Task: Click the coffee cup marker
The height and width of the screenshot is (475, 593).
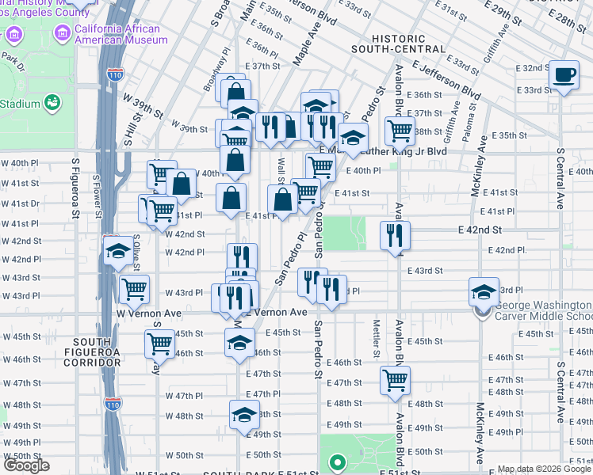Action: coord(564,74)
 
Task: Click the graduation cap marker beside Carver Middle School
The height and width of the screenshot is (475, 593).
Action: coord(483,292)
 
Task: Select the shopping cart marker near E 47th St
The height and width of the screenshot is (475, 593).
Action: coord(396,379)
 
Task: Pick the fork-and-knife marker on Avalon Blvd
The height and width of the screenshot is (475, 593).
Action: coord(394,234)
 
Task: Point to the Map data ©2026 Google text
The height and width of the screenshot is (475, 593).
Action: coord(544,469)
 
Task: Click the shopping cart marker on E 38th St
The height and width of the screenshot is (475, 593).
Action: coord(400,130)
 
